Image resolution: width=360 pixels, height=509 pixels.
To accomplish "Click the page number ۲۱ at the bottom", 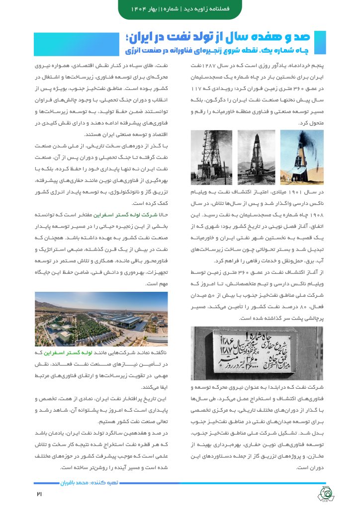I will pos(40,494).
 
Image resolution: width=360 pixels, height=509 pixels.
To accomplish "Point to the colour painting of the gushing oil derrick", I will pos(302,157).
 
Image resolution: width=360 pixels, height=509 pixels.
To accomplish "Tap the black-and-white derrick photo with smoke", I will pos(211,157).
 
